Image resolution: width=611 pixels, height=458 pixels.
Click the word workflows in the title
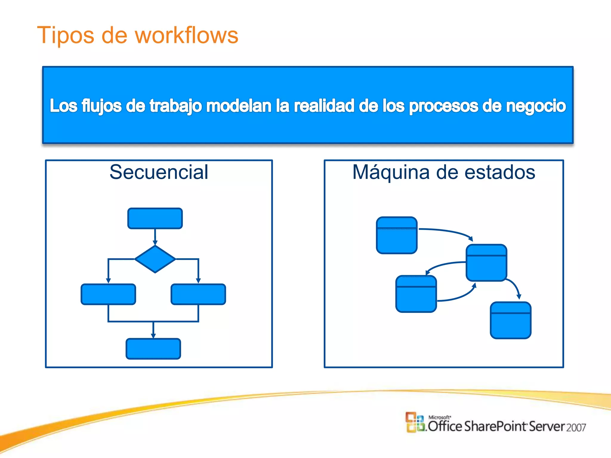[186, 35]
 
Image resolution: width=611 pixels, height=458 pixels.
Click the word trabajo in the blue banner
[175, 106]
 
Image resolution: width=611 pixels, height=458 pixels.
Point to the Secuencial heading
[159, 172]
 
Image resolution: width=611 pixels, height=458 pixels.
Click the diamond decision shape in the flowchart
[155, 259]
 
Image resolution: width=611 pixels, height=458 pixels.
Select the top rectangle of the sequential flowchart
[155, 218]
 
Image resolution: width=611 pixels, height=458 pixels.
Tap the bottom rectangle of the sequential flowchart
[153, 349]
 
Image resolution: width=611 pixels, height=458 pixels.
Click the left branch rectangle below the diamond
[108, 294]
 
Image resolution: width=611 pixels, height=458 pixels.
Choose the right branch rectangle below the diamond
[198, 294]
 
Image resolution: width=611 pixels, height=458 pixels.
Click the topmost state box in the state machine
[396, 235]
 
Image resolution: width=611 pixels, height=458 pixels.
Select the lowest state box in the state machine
[510, 320]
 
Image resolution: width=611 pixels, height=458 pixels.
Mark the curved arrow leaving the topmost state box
[448, 231]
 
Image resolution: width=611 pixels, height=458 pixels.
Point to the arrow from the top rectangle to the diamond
[155, 237]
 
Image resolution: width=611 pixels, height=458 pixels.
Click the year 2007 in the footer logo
[576, 428]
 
